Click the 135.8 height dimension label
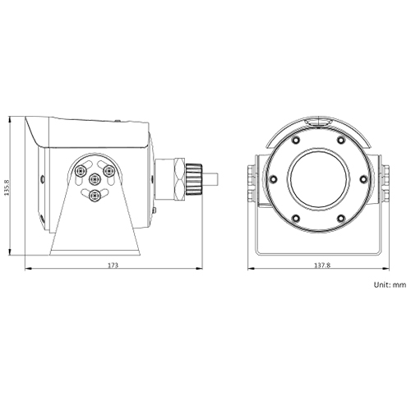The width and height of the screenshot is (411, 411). pos(7,185)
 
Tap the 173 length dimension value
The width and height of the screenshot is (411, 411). pos(113,266)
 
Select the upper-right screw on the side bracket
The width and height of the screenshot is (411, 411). pos(108,170)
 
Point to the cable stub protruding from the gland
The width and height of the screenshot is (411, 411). pos(211,176)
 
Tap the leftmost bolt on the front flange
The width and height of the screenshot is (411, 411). pos(273,177)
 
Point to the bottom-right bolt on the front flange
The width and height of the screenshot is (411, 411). pos(339,215)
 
